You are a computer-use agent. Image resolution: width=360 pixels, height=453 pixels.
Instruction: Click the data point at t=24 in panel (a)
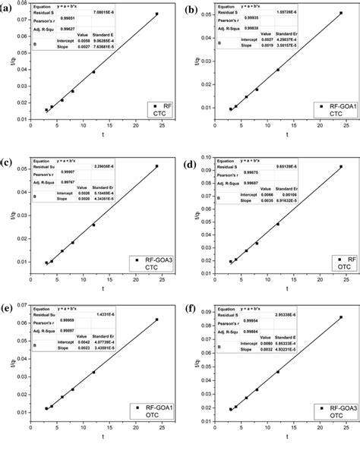[157, 14]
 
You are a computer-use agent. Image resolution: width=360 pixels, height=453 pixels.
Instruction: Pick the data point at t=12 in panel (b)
[278, 70]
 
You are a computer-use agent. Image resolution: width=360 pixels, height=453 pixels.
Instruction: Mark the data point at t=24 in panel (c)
[157, 166]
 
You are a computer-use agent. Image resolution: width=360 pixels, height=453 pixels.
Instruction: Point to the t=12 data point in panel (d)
[278, 224]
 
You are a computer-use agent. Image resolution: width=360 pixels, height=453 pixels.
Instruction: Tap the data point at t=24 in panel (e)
[157, 319]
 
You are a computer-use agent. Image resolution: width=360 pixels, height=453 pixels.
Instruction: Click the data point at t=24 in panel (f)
[341, 317]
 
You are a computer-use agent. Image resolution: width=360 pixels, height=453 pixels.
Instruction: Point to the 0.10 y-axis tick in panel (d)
[204, 158]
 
